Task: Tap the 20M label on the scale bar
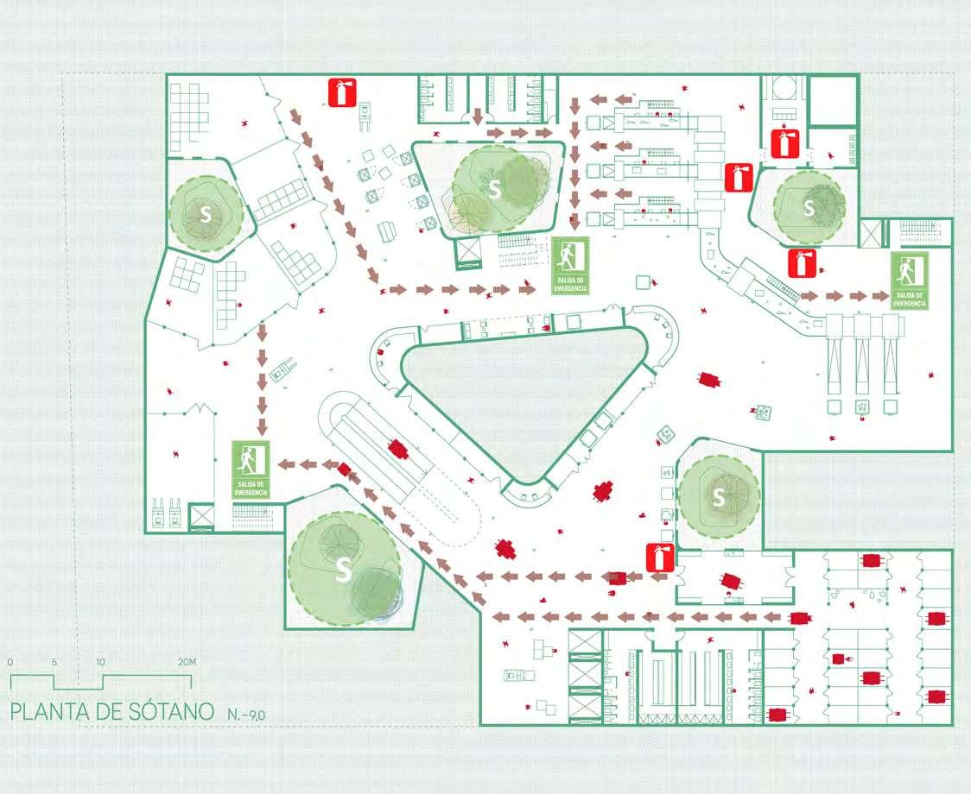[187, 662]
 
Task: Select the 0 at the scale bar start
[10, 662]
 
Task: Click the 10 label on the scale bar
[100, 662]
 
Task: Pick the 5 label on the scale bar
[54, 662]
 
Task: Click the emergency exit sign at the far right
[909, 281]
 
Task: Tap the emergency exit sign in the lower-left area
[251, 469]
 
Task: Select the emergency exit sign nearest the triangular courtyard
[569, 266]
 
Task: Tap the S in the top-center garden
[494, 191]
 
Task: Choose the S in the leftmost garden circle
[206, 216]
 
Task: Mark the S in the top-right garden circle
[809, 207]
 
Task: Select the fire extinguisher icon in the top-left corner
[341, 92]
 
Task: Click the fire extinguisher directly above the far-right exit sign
[802, 263]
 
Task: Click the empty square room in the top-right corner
[833, 102]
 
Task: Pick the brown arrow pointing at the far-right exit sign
[879, 296]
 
